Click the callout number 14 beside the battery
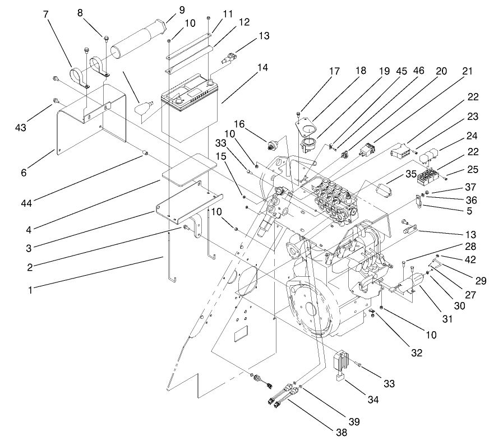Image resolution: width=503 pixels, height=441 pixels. point(262,67)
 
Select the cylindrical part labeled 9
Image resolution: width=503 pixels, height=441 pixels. point(140,40)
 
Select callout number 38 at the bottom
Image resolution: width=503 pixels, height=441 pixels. point(342,432)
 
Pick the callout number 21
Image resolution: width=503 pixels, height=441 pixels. point(467,71)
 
